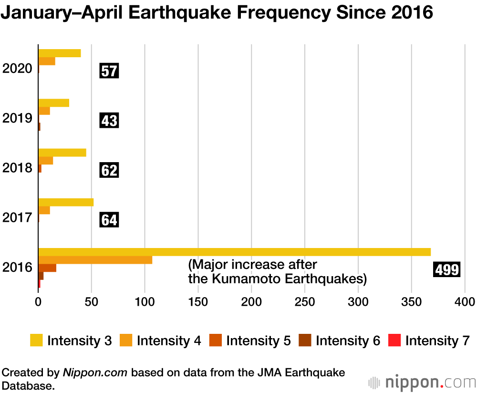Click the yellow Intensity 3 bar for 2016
click(x=234, y=252)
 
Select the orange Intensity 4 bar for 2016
click(x=95, y=260)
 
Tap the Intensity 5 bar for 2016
click(x=47, y=268)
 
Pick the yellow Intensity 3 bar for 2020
click(x=59, y=53)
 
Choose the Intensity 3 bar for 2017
click(x=65, y=202)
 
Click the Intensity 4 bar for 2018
click(x=45, y=161)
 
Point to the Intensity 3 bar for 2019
click(x=53, y=103)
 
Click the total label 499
click(x=447, y=270)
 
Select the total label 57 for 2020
click(x=109, y=72)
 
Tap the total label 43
click(x=109, y=121)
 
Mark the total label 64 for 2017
click(x=109, y=220)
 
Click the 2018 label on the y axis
click(x=17, y=168)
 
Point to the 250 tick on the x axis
click(x=305, y=302)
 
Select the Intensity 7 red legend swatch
click(x=395, y=341)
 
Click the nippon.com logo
click(x=422, y=383)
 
